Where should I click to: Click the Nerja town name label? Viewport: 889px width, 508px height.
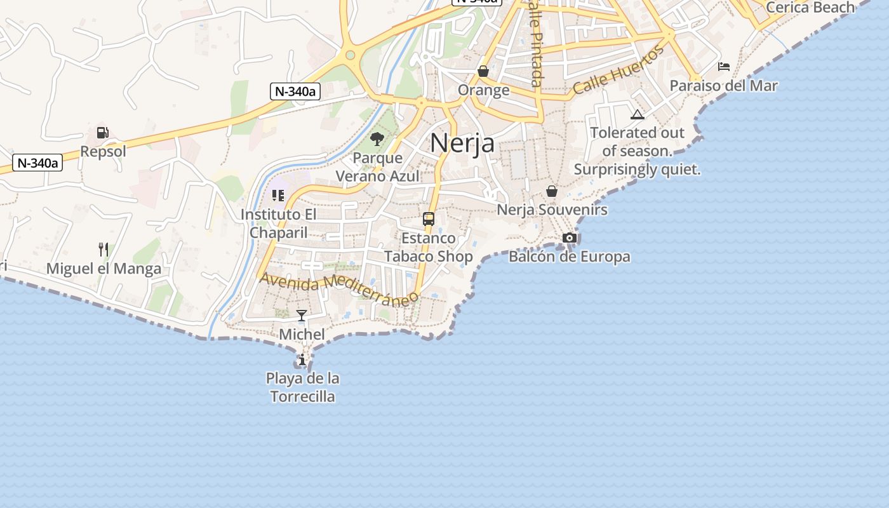coord(462,142)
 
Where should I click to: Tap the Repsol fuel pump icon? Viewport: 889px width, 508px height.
coord(102,133)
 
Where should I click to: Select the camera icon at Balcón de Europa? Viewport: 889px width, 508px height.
coord(570,238)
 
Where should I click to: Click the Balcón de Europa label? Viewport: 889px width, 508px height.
coord(570,257)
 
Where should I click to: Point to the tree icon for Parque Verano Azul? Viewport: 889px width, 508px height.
coord(377,138)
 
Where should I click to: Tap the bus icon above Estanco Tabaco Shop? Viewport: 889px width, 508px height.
coord(429,219)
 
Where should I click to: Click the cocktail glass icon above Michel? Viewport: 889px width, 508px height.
coord(302,316)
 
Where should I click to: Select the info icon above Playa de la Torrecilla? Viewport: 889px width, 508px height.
coord(302,360)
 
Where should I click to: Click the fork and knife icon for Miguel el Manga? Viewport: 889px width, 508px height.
coord(104,249)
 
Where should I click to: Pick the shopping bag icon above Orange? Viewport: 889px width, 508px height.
coord(483,71)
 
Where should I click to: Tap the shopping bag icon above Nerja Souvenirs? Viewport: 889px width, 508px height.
coord(552,191)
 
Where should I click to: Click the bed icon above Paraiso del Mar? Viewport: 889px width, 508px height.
coord(724,67)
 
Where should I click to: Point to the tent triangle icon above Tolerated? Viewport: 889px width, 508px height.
coord(638,114)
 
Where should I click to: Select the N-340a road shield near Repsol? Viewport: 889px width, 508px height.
coord(37,163)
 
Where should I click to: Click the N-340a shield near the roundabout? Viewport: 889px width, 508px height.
coord(295,91)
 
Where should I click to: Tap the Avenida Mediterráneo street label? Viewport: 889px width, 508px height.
coord(339,289)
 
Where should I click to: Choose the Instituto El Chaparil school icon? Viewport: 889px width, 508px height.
coord(277,196)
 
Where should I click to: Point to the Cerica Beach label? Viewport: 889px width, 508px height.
coord(810,8)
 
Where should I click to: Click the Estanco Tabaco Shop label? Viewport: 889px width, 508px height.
coord(429,248)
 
